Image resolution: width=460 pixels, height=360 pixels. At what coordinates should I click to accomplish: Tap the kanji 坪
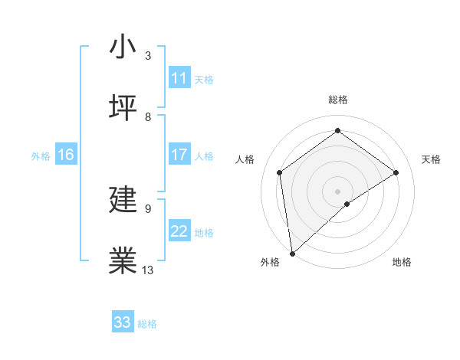pos(123,108)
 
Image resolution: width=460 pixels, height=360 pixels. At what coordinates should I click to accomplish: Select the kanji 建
pos(123,201)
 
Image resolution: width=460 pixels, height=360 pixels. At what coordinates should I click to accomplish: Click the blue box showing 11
pos(179,78)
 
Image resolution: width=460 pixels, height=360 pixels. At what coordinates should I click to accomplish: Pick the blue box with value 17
pos(179,155)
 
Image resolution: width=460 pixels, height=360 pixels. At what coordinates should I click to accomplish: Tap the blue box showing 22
pos(179,231)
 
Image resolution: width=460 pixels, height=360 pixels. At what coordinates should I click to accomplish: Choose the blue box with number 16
pos(66,155)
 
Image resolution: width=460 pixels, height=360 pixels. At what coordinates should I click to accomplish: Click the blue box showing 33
pos(123,322)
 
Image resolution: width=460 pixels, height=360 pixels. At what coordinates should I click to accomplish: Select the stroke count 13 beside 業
pos(148,270)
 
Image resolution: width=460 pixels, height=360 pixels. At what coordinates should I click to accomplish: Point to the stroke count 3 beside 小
pos(148,55)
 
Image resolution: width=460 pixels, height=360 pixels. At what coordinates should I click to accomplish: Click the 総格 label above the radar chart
pos(338,100)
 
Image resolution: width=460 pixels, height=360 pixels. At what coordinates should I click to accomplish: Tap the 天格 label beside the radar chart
pos(431,159)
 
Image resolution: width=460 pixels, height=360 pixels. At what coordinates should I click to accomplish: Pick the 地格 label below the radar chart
pos(402,262)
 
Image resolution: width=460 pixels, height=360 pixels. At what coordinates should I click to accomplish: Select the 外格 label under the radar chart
pos(270,262)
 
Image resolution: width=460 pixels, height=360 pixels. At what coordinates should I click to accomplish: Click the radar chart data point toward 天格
pos(396,172)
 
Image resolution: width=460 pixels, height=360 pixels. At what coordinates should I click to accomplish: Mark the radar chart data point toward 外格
pos(291,254)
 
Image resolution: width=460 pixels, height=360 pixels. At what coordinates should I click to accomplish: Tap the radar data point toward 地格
pos(347,204)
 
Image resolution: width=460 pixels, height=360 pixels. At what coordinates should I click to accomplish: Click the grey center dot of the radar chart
pos(338,191)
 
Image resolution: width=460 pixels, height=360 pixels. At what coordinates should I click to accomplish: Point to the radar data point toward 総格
pos(338,131)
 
